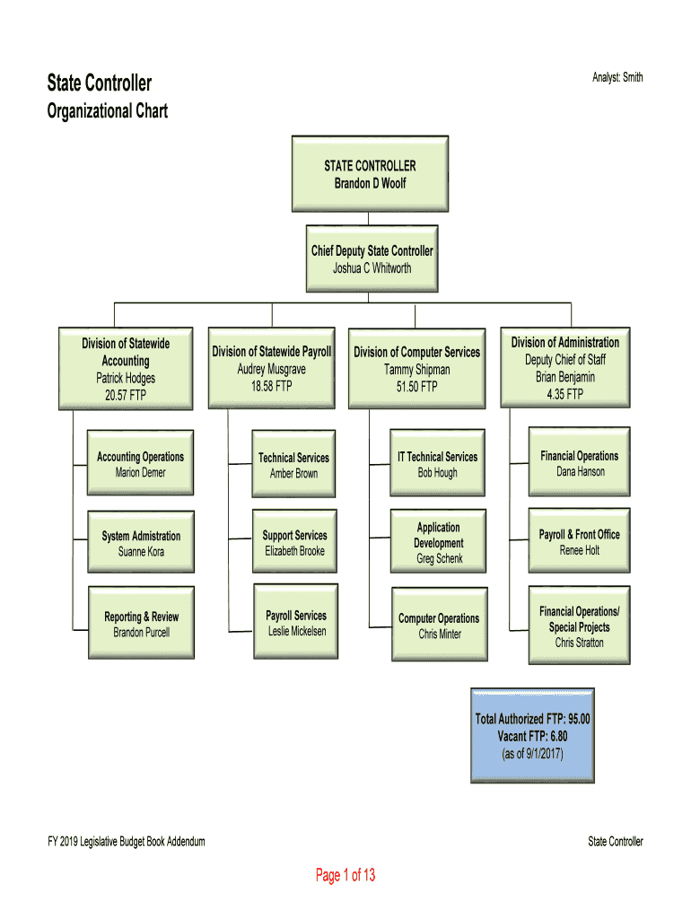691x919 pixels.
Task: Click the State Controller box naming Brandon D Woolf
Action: tap(370, 174)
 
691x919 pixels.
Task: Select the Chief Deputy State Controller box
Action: tap(372, 258)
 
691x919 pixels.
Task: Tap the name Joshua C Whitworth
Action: tap(372, 268)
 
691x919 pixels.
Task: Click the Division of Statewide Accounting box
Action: tap(126, 369)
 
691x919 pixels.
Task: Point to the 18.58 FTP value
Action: tap(271, 386)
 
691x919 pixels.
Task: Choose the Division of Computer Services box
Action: tap(416, 369)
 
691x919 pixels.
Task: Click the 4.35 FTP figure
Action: tap(565, 394)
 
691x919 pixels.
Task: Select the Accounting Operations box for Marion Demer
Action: tap(140, 465)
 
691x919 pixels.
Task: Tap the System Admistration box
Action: tap(141, 543)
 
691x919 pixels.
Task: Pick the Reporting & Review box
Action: tap(141, 625)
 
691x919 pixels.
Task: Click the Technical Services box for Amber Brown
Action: tap(293, 465)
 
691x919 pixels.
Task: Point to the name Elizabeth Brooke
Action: tap(294, 551)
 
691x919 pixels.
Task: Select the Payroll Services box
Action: tap(296, 623)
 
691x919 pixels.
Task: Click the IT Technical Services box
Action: tap(438, 464)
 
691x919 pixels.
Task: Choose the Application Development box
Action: tap(439, 542)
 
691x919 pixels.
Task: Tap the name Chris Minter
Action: tap(440, 635)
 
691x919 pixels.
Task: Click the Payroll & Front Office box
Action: tap(579, 542)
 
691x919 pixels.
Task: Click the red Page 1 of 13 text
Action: tap(345, 875)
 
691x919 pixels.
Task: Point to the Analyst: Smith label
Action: tap(617, 78)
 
